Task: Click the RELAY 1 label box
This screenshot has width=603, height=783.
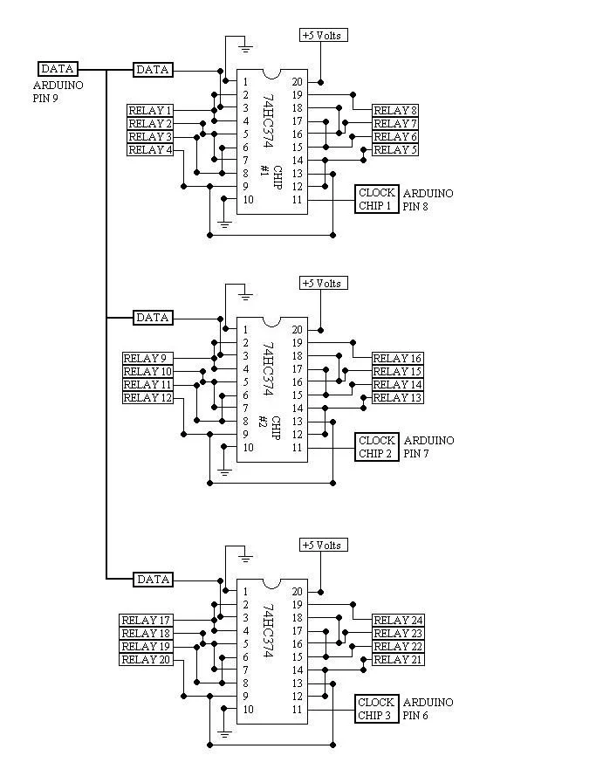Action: [x=150, y=111]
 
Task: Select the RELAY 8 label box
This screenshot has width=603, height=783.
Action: [x=395, y=111]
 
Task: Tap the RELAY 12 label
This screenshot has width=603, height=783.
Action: [x=147, y=398]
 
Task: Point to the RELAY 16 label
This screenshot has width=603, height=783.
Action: [x=397, y=359]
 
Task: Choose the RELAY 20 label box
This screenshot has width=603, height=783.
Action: [x=146, y=660]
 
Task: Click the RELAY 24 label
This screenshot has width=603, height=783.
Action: [x=397, y=621]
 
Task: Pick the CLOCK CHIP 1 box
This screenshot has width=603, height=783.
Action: [x=377, y=199]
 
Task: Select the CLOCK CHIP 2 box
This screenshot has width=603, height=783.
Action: [x=377, y=447]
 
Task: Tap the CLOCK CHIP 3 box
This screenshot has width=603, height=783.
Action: [x=377, y=709]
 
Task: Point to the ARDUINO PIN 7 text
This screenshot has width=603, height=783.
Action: [x=428, y=447]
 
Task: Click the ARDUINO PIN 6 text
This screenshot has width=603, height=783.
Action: [x=428, y=709]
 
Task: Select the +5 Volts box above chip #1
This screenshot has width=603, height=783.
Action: [x=322, y=35]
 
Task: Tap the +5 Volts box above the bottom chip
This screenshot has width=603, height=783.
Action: [x=322, y=545]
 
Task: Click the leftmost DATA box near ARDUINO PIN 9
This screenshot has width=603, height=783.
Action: [x=58, y=68]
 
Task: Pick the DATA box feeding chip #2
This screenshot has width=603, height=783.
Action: [x=153, y=318]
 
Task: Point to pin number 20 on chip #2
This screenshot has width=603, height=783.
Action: [x=297, y=330]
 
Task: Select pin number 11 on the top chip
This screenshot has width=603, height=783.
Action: [x=297, y=200]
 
